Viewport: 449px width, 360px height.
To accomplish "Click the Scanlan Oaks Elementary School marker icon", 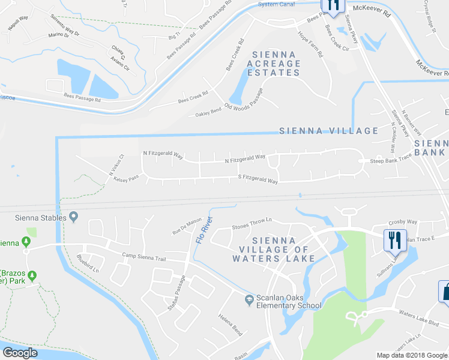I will (x=249, y=300).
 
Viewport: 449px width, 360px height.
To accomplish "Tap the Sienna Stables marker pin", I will (x=74, y=217).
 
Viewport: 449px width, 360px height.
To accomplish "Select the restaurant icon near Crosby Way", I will (x=395, y=240).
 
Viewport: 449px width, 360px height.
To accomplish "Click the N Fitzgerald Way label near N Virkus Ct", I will (x=163, y=154).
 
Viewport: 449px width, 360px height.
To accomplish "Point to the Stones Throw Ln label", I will (x=252, y=226).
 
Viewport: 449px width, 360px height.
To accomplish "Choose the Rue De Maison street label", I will (x=187, y=226).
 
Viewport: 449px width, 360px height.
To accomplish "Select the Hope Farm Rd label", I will (x=311, y=44).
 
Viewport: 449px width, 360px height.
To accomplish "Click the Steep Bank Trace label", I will (x=391, y=161).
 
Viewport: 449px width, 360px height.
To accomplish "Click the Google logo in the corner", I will (x=20, y=353).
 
